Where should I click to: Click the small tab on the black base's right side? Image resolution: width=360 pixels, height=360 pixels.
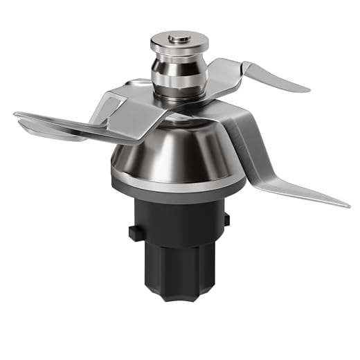(226, 220)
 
